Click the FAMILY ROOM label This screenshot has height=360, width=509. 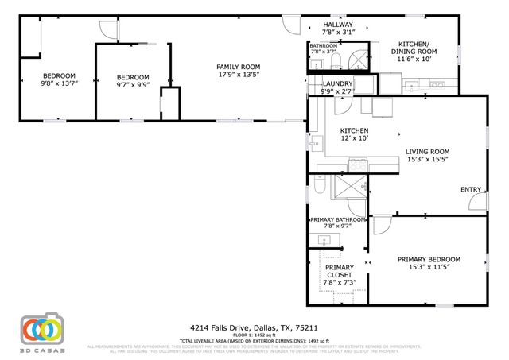(x=239, y=67)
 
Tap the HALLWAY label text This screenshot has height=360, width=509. (x=337, y=25)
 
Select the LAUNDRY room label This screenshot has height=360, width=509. (x=336, y=83)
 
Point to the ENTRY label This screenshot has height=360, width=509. (x=471, y=189)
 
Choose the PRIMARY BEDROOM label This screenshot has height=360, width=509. (x=429, y=260)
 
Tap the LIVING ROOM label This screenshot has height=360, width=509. (x=428, y=151)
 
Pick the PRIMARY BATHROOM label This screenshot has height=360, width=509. (x=338, y=219)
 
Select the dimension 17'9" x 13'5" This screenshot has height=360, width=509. (x=239, y=76)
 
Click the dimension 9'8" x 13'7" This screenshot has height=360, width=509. (x=59, y=85)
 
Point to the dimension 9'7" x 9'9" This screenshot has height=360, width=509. (x=133, y=85)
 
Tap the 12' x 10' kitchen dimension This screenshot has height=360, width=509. (x=354, y=138)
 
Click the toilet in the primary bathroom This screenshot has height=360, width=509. (x=318, y=186)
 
